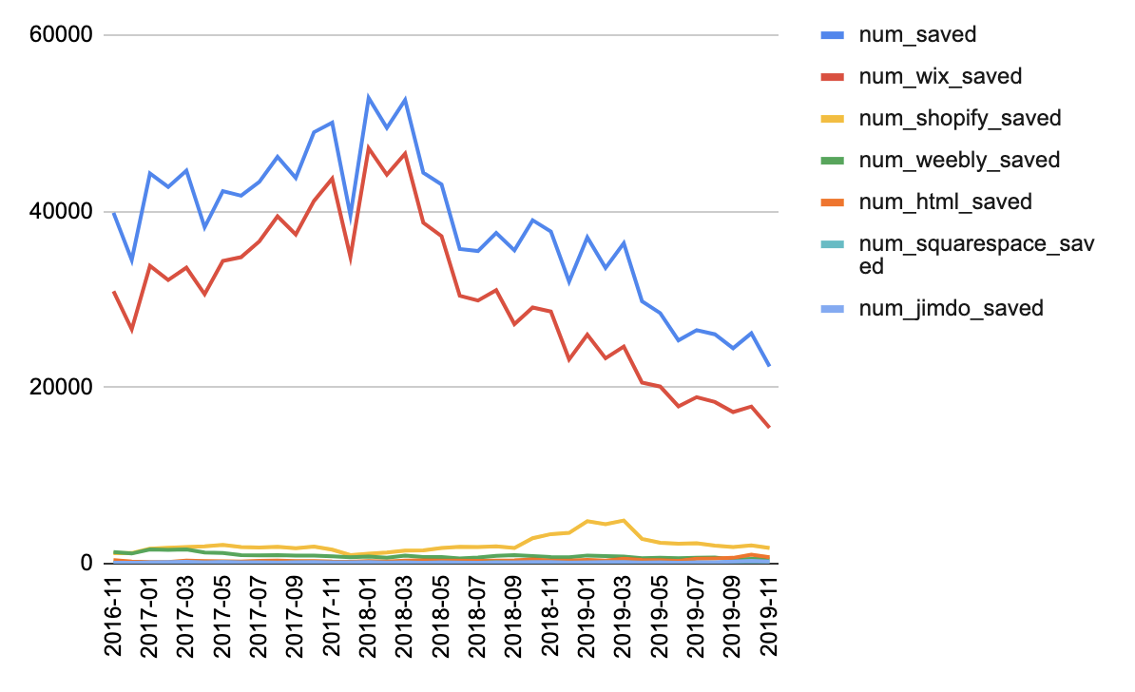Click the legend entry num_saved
pos(917,35)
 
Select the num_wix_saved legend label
pos(940,77)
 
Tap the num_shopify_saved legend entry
pos(959,119)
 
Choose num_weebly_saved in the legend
pos(958,160)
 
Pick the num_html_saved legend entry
pos(945,202)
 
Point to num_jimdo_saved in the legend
pos(951,308)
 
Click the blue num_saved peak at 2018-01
pos(369,97)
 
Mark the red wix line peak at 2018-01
pos(369,147)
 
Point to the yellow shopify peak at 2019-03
pos(624,520)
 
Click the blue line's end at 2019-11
pos(769,366)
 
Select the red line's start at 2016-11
pos(114,292)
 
